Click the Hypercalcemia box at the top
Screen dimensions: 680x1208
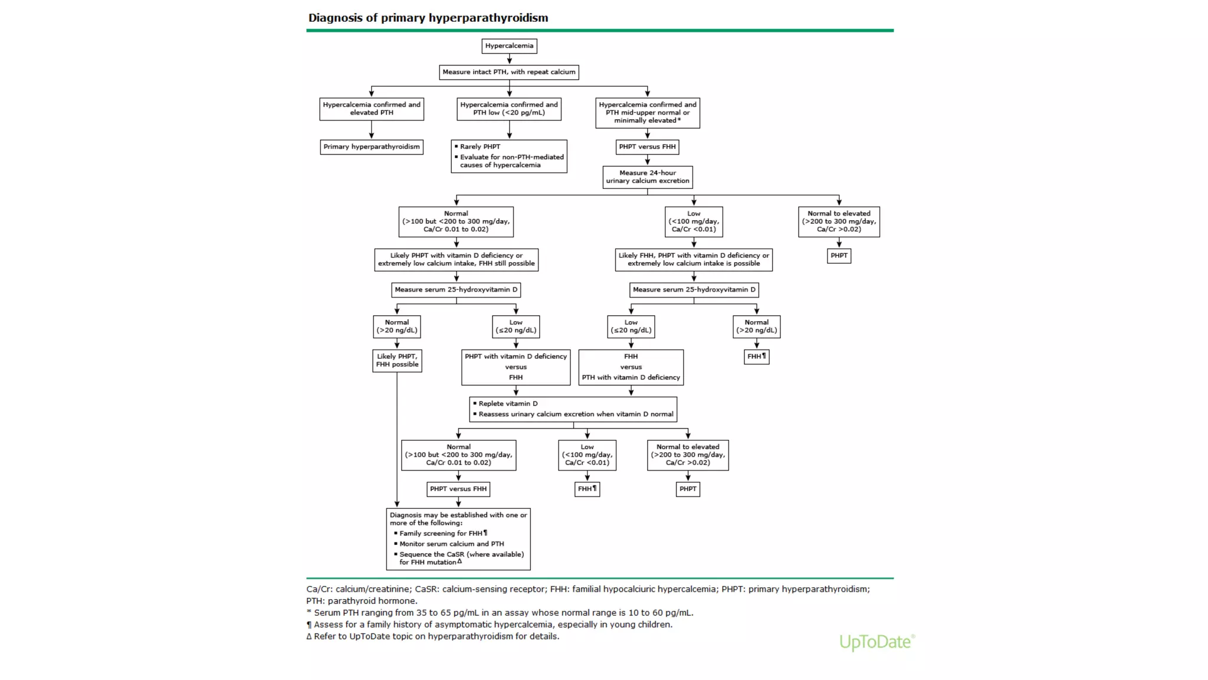point(509,46)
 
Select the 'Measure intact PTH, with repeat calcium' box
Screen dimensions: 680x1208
point(509,72)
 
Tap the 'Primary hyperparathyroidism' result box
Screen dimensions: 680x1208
point(372,147)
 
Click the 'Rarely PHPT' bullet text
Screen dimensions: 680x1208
point(480,147)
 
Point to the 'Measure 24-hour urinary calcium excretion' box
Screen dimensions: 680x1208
point(647,177)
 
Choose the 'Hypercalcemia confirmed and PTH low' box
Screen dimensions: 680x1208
point(509,109)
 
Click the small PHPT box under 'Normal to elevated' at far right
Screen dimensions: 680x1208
point(839,256)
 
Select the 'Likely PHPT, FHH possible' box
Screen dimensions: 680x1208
point(397,361)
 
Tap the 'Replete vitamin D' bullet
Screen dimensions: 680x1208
point(508,404)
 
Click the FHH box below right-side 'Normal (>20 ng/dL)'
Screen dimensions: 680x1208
point(756,357)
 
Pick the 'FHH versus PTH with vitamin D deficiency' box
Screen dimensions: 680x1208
point(631,367)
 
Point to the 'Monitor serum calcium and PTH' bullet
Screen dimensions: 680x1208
point(451,544)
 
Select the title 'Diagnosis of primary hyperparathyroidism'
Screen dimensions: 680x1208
point(428,18)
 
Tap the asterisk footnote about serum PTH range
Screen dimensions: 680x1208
point(500,613)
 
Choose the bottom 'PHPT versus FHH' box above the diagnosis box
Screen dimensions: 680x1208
point(458,489)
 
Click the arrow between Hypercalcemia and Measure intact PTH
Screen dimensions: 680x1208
point(509,59)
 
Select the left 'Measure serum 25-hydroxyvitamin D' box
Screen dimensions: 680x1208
point(456,290)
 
